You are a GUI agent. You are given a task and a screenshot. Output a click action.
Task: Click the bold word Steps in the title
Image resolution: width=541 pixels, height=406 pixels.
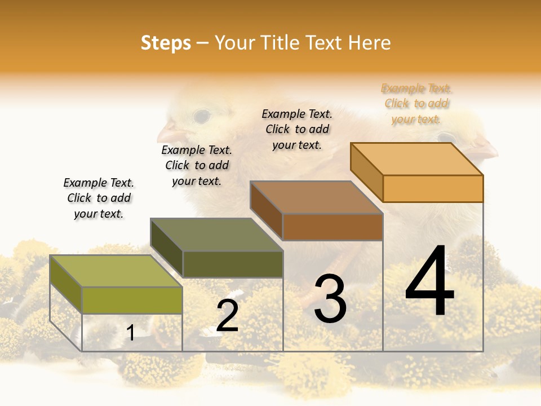point(166,43)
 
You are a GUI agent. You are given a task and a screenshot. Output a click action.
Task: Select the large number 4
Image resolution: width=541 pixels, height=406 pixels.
point(429,282)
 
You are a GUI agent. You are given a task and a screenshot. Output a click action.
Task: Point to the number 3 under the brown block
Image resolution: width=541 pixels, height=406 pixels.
point(330,299)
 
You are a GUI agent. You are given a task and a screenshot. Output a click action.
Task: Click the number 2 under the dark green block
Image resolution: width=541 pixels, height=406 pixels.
point(228,316)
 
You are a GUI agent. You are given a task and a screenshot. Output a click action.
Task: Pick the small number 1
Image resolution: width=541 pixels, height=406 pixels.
point(131,333)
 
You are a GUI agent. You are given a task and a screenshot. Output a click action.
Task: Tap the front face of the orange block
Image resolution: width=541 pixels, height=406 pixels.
point(433,188)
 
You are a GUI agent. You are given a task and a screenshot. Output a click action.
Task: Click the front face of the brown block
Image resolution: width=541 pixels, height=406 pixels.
point(332,227)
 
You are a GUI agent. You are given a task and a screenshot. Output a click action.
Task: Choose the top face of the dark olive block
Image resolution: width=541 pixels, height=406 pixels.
point(216,235)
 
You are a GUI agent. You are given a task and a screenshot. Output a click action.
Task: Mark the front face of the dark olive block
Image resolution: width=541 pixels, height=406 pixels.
point(232,264)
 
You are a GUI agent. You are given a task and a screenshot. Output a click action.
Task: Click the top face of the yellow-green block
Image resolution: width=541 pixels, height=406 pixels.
point(116,271)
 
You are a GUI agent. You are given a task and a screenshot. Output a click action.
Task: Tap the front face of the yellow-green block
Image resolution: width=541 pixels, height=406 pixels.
point(132,300)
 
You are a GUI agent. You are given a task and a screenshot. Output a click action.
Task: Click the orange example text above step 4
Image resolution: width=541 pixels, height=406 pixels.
point(416,104)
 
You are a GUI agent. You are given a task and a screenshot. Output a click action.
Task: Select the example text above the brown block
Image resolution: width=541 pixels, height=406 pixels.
point(297,129)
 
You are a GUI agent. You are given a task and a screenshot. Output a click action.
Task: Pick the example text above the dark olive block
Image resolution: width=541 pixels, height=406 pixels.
point(197,165)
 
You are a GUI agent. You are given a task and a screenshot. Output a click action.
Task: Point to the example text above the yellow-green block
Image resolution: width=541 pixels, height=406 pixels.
point(99,198)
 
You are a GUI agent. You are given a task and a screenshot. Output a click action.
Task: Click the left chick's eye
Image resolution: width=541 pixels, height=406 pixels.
point(201,117)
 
